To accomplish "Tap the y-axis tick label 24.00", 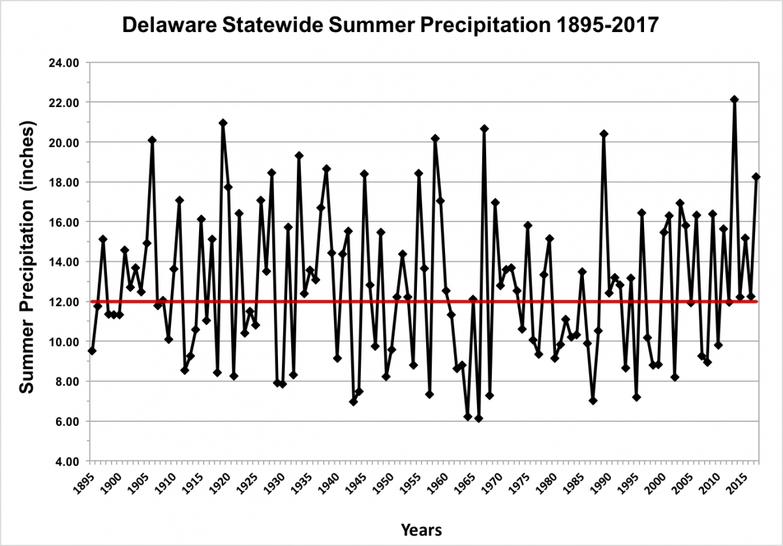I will [63, 63].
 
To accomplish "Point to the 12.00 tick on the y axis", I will [63, 302].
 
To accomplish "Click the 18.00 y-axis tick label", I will [63, 183].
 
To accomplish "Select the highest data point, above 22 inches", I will [734, 99].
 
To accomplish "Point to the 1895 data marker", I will [92, 351].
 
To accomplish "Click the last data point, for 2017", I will [756, 176].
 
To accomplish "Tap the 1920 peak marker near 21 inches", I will [223, 123].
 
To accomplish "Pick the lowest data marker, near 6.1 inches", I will [478, 419].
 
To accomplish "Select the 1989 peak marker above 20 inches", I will [604, 134].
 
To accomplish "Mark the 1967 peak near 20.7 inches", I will [484, 129].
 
